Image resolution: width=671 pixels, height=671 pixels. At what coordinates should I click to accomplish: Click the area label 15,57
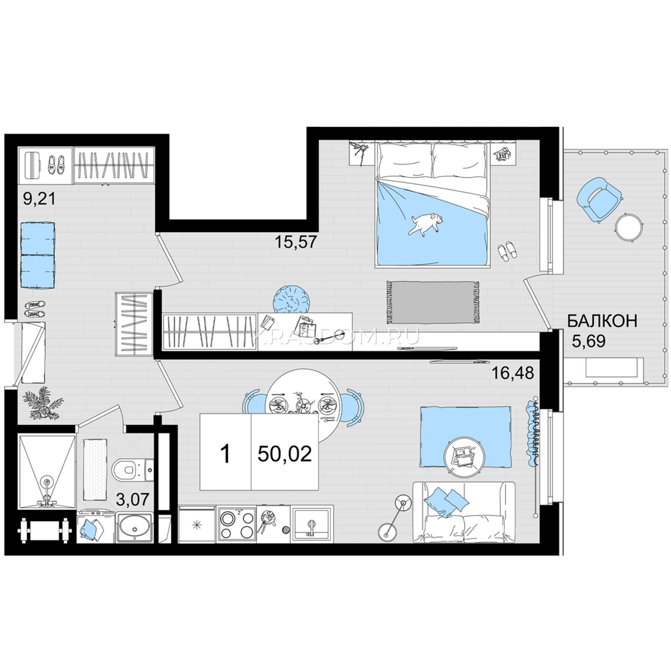[296, 242]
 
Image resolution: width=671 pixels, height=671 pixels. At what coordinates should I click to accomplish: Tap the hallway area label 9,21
[39, 199]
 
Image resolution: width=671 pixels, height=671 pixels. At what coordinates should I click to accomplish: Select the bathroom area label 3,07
[133, 500]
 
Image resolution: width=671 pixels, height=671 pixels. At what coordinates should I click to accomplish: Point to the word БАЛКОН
[602, 321]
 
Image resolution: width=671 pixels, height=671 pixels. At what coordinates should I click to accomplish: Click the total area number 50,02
[285, 454]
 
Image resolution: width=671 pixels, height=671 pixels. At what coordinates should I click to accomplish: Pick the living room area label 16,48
[513, 374]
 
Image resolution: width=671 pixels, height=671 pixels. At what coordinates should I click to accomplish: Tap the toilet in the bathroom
[133, 470]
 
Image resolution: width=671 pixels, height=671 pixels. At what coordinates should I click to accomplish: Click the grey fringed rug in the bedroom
[431, 303]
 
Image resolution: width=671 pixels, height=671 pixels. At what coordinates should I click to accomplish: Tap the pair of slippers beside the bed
[507, 251]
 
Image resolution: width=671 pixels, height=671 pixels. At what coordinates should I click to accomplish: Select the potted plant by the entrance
[43, 404]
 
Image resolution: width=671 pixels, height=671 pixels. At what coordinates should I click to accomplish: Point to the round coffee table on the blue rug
[464, 457]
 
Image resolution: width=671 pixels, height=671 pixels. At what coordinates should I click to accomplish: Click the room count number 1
[226, 454]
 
